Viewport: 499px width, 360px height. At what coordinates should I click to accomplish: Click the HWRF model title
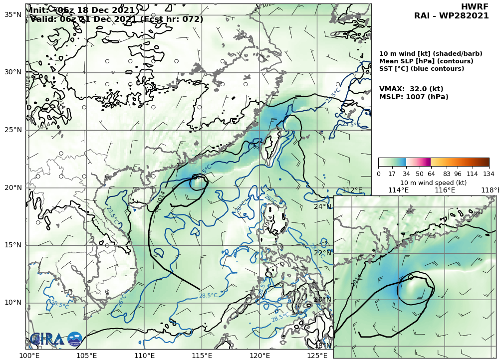point(475,6)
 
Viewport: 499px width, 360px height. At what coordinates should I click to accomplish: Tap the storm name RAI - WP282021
point(451,16)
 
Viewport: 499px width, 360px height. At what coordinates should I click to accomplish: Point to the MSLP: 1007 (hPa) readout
point(414,97)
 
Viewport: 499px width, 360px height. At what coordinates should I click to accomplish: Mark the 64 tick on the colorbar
point(430,174)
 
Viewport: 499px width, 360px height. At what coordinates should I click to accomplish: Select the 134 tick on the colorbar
point(489,174)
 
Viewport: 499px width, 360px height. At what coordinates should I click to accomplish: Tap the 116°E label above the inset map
point(445,190)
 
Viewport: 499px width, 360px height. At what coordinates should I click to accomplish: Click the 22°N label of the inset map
point(322,253)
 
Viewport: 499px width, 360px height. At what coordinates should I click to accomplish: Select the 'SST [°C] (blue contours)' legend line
point(422,69)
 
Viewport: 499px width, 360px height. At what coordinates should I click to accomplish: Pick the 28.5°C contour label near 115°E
point(208,296)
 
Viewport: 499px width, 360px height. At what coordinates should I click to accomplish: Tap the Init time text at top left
point(82,10)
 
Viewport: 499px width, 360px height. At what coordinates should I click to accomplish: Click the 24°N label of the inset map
point(322,206)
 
